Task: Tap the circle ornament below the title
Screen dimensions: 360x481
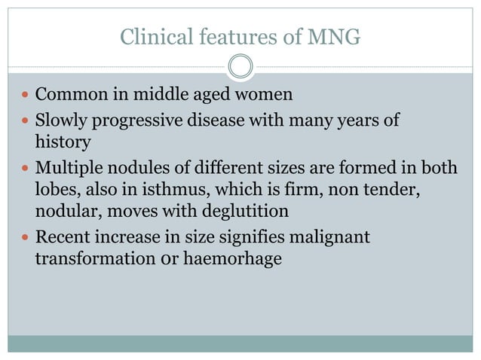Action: pos(240,67)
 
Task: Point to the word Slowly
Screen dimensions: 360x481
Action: pos(60,121)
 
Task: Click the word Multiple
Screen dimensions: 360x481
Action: pos(68,167)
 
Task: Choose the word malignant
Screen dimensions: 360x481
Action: pos(330,238)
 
